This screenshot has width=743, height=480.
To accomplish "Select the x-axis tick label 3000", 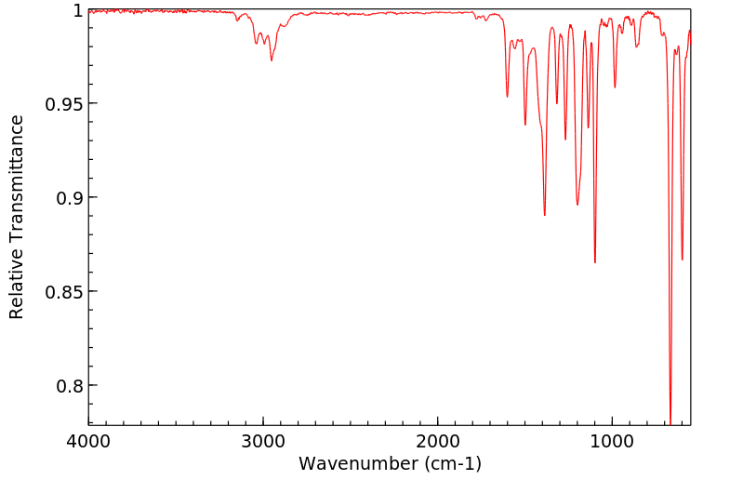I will [263, 441].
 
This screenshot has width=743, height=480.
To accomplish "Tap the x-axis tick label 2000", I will [438, 441].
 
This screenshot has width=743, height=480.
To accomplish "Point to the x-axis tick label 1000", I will [612, 441].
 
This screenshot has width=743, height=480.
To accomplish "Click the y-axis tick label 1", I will [77, 10].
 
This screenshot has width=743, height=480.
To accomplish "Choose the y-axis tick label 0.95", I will [64, 104].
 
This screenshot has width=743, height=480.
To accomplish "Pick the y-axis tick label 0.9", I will [70, 198].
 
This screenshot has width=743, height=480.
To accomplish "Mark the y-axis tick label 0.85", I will [64, 292].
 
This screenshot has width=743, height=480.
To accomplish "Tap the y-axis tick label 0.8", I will [70, 386].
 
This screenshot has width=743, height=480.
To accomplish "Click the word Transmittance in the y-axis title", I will [17, 192].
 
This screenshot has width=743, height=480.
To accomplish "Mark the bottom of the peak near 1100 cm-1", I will [595, 262].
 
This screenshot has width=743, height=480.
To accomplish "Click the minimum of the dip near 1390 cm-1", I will [545, 215].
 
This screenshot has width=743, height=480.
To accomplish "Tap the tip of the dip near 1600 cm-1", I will [507, 97].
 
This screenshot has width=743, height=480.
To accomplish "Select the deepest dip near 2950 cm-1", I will [272, 60].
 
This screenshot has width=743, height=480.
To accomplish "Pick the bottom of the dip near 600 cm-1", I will [682, 260].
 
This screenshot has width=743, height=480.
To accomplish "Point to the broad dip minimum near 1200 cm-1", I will [577, 205].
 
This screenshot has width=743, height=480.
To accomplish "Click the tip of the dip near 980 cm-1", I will [615, 87].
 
